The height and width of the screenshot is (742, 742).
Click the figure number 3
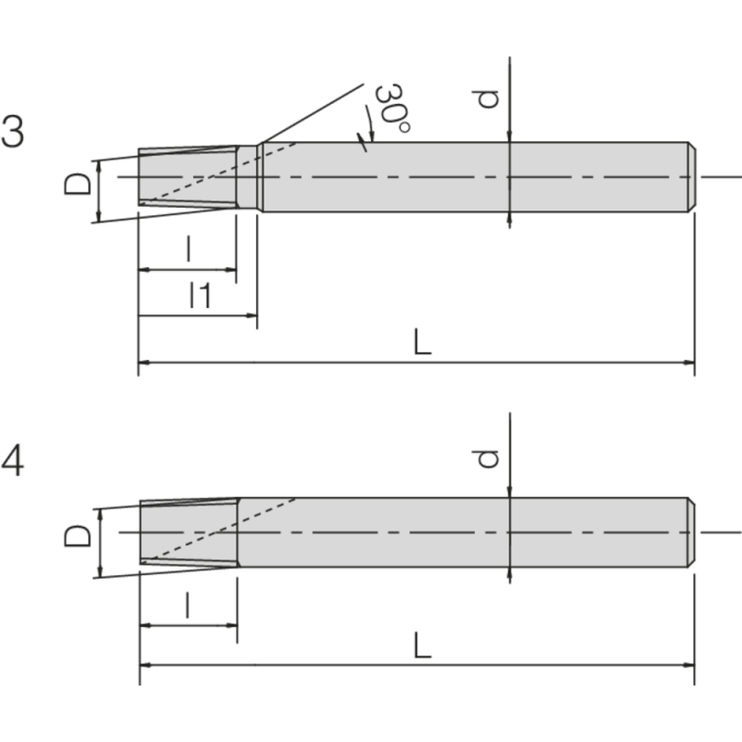[12, 132]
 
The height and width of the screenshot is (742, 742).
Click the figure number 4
[12, 461]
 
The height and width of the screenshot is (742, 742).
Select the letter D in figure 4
[81, 535]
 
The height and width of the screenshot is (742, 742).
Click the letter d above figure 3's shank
[489, 98]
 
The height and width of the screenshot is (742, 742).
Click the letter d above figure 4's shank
[489, 456]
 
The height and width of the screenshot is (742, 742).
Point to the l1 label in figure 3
[200, 295]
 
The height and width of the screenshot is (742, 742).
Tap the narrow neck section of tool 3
[248, 176]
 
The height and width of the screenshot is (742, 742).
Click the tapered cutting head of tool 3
[185, 176]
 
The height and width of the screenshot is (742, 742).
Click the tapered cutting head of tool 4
[185, 532]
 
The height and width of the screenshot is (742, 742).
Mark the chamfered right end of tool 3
[690, 176]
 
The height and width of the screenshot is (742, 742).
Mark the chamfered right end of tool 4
[690, 532]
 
